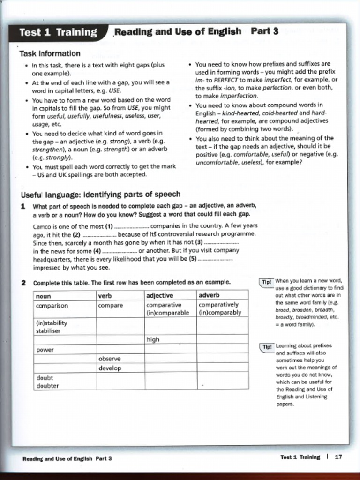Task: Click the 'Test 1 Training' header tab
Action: coord(58,32)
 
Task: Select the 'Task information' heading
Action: coord(50,53)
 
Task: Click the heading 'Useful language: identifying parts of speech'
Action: coord(100,195)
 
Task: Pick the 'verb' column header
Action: coord(105,295)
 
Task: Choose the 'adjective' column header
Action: coord(160,295)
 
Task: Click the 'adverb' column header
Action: coord(209,295)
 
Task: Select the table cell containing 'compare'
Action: coord(111,305)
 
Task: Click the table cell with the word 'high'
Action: coord(153,339)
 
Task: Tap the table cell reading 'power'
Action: coord(45,350)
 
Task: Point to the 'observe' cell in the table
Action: coord(109,359)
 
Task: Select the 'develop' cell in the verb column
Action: coord(110,368)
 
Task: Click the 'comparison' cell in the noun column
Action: coord(52,305)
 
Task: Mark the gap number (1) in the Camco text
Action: coord(109,225)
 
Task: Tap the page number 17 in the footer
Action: coord(338,457)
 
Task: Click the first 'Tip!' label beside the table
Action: coord(266,282)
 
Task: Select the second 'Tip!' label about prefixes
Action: coord(266,346)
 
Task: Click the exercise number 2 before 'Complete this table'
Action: coord(23,283)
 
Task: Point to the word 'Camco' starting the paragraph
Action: coord(43,225)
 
